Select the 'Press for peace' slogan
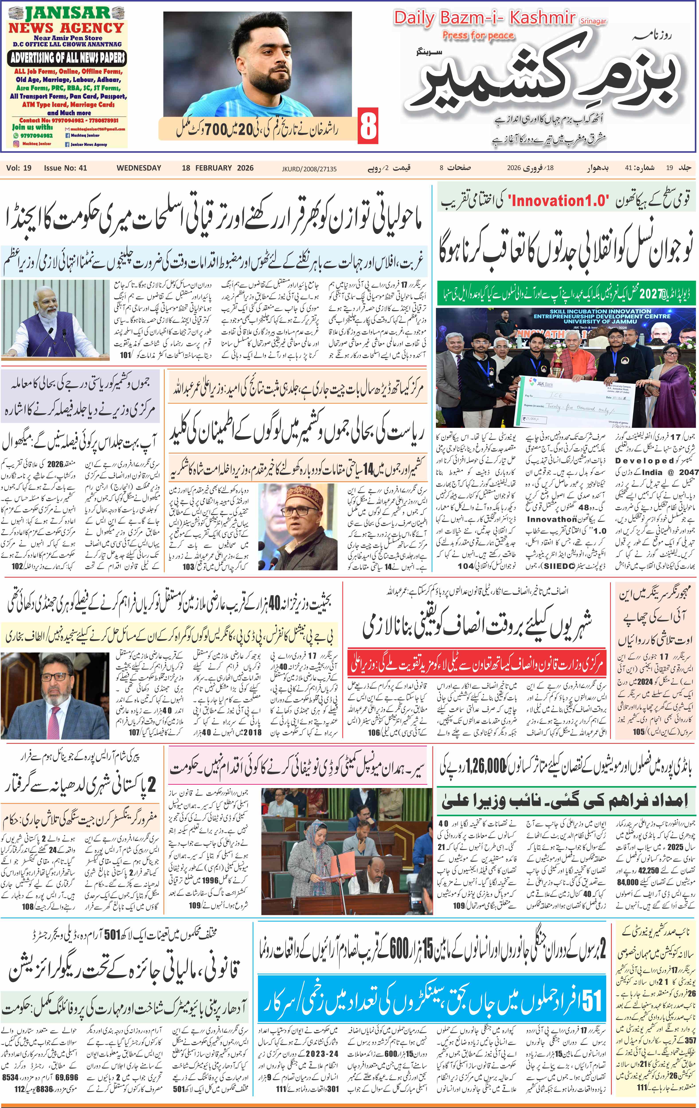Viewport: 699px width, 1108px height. (x=478, y=35)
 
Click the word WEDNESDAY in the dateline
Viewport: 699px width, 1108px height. (x=139, y=168)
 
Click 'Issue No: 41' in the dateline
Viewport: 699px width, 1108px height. (x=65, y=168)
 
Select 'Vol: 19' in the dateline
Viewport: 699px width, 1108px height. (x=19, y=168)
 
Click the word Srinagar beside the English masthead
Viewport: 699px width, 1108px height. (x=593, y=21)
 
